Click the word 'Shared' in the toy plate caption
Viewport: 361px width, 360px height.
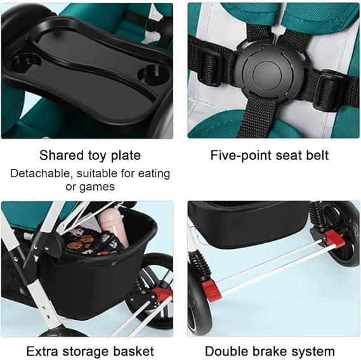[x=62, y=155]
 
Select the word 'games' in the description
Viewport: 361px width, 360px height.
[x=97, y=187]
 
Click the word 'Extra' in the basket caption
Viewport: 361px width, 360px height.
[x=43, y=351]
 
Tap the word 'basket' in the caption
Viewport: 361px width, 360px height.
[x=134, y=351]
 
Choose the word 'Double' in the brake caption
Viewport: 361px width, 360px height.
[x=226, y=352]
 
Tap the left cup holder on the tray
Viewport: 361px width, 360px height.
[x=25, y=63]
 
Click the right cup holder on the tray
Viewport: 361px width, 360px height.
[x=153, y=74]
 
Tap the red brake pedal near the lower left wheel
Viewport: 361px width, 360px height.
[x=211, y=290]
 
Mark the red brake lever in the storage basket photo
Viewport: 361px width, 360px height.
[x=162, y=295]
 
